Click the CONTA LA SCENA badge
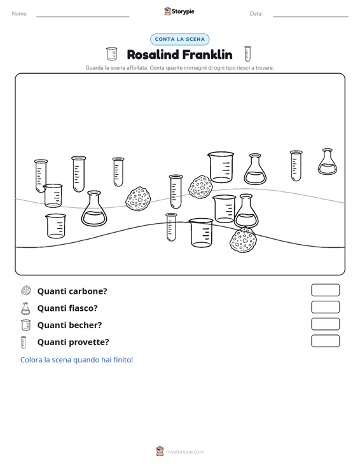[179, 39]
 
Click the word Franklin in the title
[207, 55]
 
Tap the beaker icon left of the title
[111, 54]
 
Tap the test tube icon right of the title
[247, 53]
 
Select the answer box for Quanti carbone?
[325, 290]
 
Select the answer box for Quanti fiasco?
[325, 307]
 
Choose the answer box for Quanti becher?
[325, 324]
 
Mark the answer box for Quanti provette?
[325, 341]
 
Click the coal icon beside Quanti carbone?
[26, 291]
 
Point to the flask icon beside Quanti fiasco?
[25, 308]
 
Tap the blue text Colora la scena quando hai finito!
[76, 360]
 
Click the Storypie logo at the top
[179, 11]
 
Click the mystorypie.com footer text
[184, 452]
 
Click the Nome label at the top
[20, 14]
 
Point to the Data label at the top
[256, 14]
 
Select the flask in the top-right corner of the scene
[328, 161]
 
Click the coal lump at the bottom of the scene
[243, 240]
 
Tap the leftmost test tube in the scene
[40, 175]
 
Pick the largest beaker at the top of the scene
[221, 167]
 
